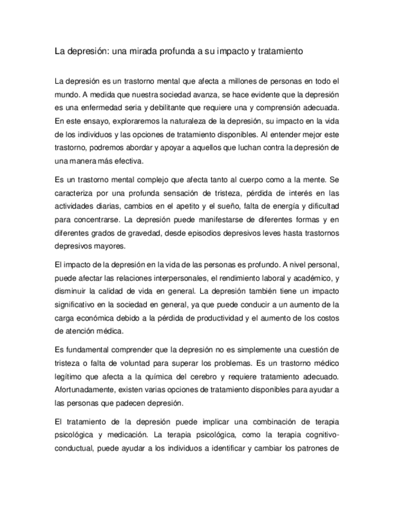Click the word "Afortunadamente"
coord(83,390)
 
